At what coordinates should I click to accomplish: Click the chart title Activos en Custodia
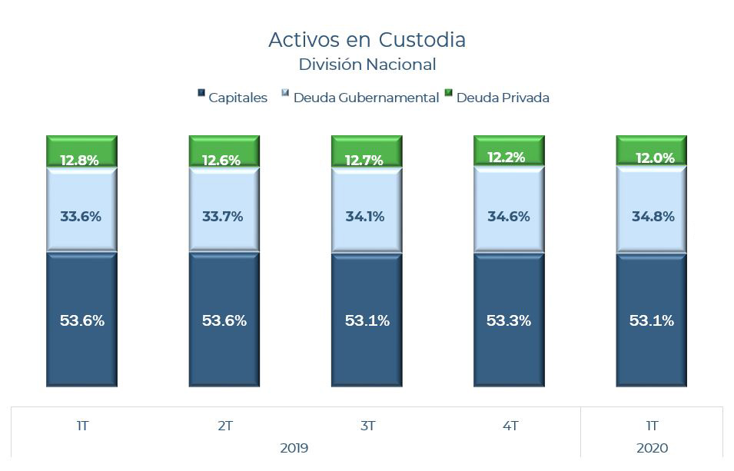click(367, 39)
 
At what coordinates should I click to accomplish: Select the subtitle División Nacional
click(367, 65)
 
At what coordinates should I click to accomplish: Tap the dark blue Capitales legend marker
click(201, 93)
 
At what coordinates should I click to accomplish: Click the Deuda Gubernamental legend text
click(366, 98)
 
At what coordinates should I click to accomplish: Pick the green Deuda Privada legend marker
click(448, 93)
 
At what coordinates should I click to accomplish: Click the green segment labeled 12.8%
click(81, 152)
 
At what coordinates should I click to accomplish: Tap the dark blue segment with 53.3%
click(509, 320)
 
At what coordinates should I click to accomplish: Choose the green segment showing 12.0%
click(652, 151)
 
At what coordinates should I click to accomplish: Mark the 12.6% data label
click(221, 161)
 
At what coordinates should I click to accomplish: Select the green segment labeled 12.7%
click(367, 152)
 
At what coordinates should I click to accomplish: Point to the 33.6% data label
click(81, 217)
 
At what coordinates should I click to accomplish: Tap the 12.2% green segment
click(509, 151)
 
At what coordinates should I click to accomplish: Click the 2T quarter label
click(224, 426)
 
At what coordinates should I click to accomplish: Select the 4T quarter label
click(509, 426)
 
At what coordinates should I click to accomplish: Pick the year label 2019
click(294, 448)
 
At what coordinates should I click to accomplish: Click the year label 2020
click(652, 448)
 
